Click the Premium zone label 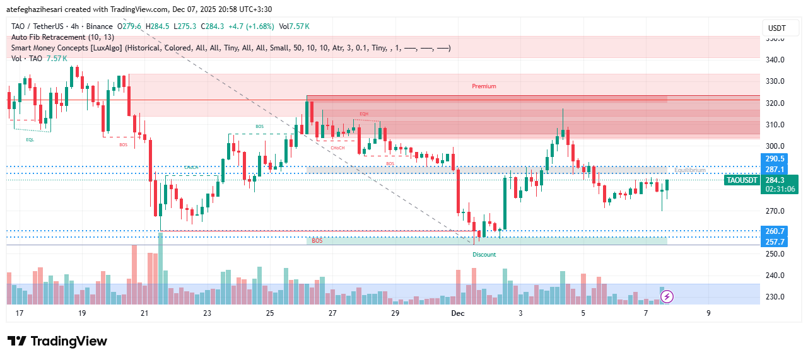[x=484, y=86]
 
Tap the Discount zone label [x=484, y=255]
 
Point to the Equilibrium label [x=689, y=170]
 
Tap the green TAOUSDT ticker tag [x=742, y=180]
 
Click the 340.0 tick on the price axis [x=775, y=60]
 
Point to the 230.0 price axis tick [x=775, y=297]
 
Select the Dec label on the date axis [x=457, y=313]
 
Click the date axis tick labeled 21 [x=144, y=313]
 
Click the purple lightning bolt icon [x=667, y=296]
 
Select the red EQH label [x=364, y=114]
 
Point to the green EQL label [x=30, y=140]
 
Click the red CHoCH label [x=337, y=148]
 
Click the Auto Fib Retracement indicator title [x=62, y=37]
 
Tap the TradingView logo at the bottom [x=57, y=341]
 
